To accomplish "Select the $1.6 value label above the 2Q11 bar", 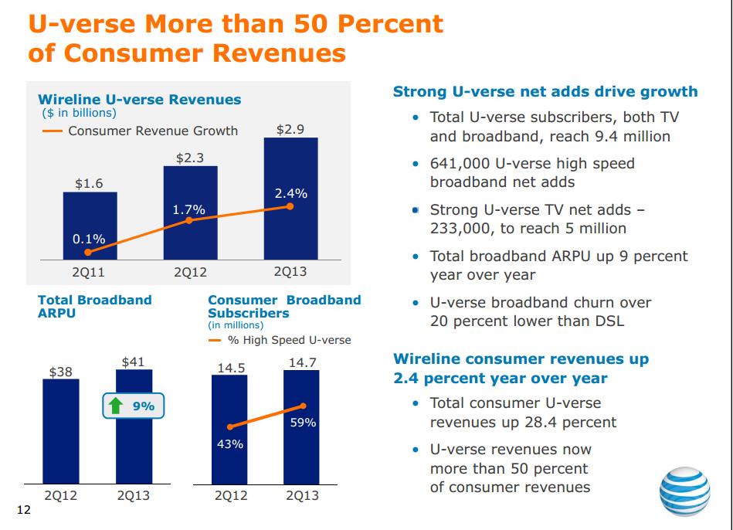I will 89,184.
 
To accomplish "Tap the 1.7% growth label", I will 188,209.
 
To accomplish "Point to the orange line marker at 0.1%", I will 89,252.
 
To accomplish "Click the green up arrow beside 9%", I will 117,406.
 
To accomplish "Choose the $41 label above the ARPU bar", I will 133,361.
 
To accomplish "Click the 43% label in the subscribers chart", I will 230,444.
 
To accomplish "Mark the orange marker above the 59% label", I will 303,406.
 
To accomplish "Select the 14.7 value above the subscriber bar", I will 301,362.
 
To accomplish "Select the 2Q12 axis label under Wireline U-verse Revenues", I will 190,272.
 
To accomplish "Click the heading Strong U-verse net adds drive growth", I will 545,92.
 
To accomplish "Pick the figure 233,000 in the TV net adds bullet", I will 459,229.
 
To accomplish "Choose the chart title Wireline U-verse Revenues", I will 140,100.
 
